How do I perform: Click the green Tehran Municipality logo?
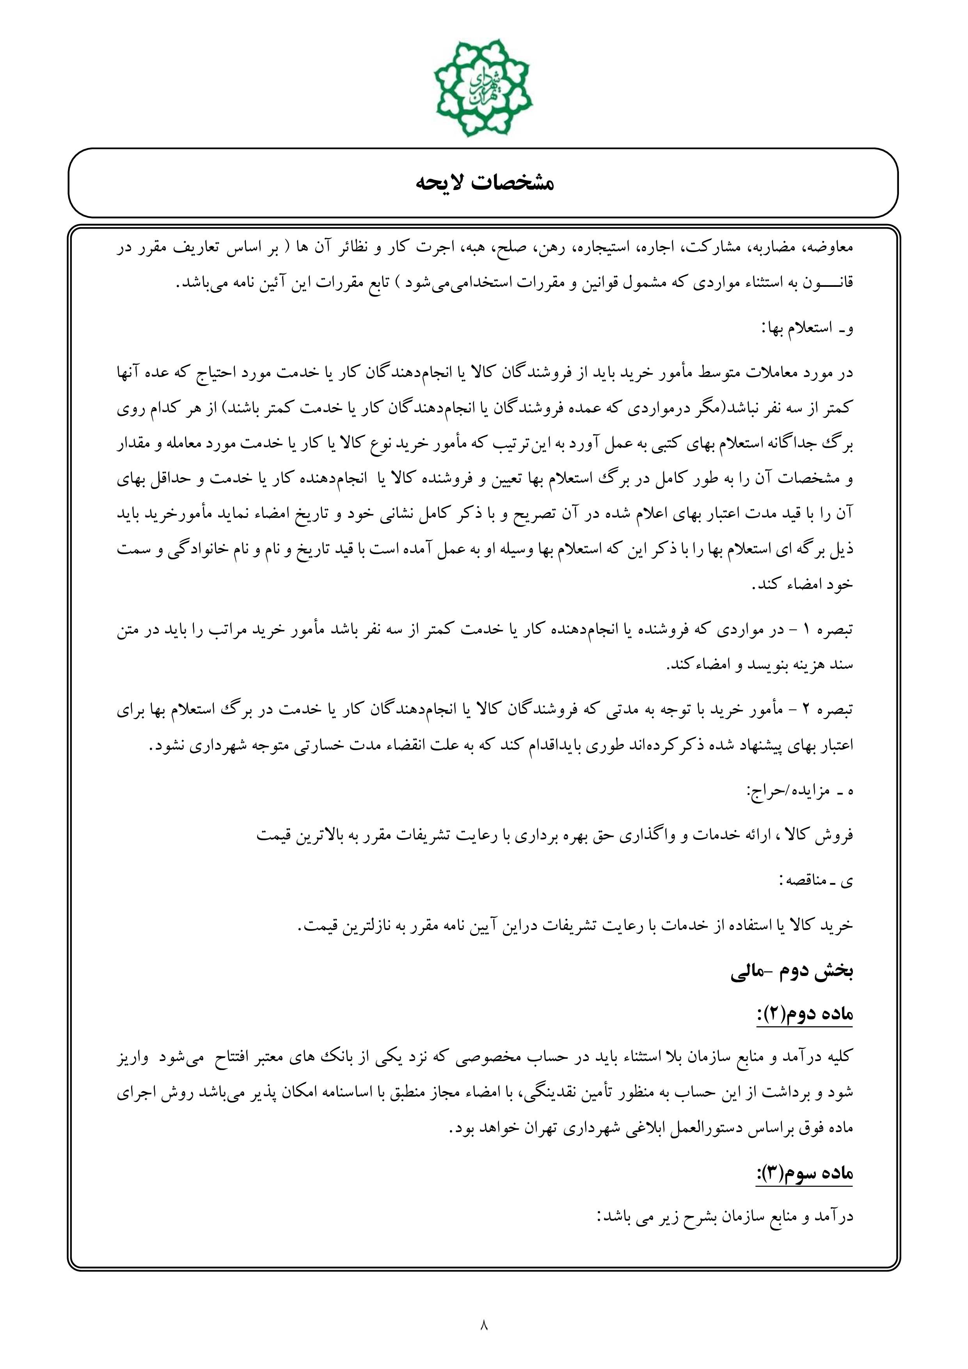482,87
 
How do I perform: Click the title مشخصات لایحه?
484,183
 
